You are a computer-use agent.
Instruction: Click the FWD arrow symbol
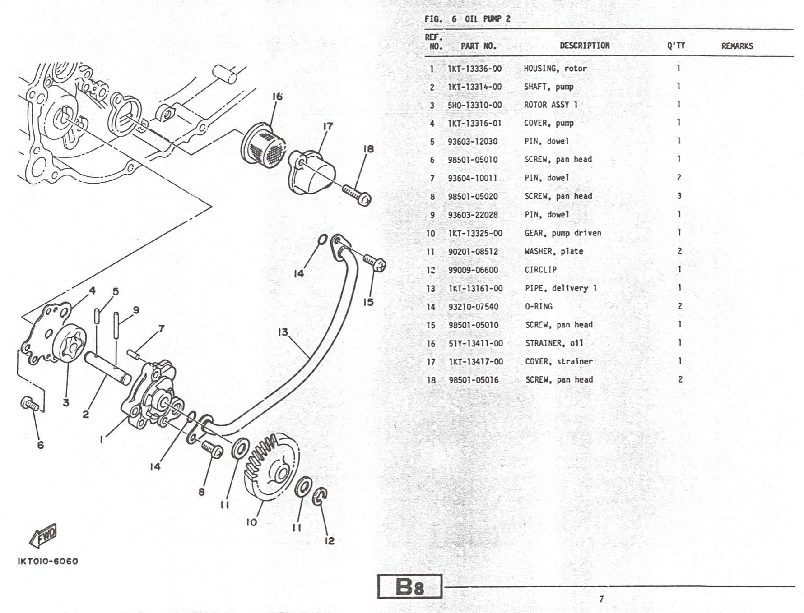pyautogui.click(x=44, y=535)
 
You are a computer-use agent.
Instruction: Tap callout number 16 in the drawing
pyautogui.click(x=277, y=97)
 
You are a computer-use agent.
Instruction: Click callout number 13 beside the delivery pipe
pyautogui.click(x=283, y=332)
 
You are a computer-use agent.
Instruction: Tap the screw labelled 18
pyautogui.click(x=357, y=195)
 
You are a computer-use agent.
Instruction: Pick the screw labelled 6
pyautogui.click(x=30, y=403)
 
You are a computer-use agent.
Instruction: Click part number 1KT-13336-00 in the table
pyautogui.click(x=474, y=69)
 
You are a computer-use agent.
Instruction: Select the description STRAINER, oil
pyautogui.click(x=554, y=343)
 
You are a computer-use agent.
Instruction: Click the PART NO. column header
pyautogui.click(x=478, y=46)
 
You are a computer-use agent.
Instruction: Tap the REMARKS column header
pyautogui.click(x=737, y=46)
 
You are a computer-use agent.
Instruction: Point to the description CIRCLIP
pyautogui.click(x=540, y=270)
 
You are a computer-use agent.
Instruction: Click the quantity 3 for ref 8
pyautogui.click(x=679, y=196)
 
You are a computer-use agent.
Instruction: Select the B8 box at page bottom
pyautogui.click(x=409, y=586)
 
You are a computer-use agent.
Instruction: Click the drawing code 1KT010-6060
pyautogui.click(x=48, y=562)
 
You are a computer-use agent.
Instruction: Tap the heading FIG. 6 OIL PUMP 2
pyautogui.click(x=467, y=19)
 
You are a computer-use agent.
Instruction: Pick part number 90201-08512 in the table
pyautogui.click(x=473, y=252)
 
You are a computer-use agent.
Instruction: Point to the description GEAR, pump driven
pyautogui.click(x=562, y=233)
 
